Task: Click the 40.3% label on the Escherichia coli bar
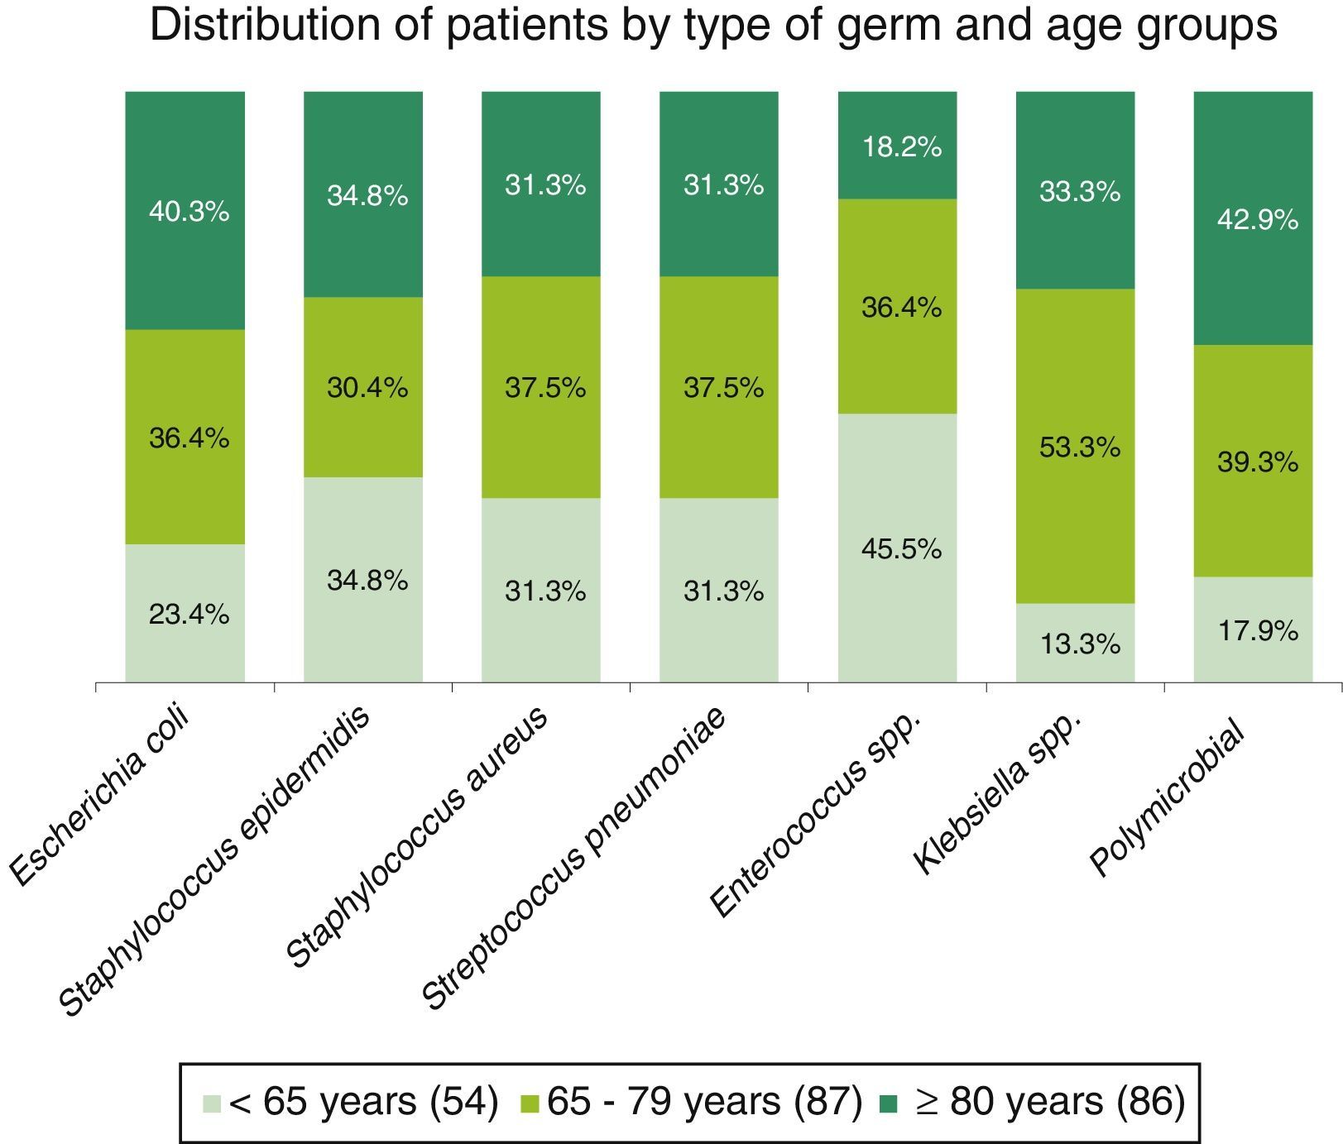click(189, 213)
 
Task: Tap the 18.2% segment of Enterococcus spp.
click(901, 147)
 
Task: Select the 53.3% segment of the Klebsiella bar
click(1079, 448)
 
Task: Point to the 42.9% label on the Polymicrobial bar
click(1257, 220)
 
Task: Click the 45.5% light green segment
click(901, 548)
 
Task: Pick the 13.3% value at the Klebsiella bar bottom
click(1079, 644)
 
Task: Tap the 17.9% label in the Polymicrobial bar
click(1257, 631)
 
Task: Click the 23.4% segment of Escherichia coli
click(189, 614)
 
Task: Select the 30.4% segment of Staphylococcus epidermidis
click(367, 387)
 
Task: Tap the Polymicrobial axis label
click(1168, 798)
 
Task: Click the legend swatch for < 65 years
click(213, 1103)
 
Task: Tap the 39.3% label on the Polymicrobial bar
click(1257, 462)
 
